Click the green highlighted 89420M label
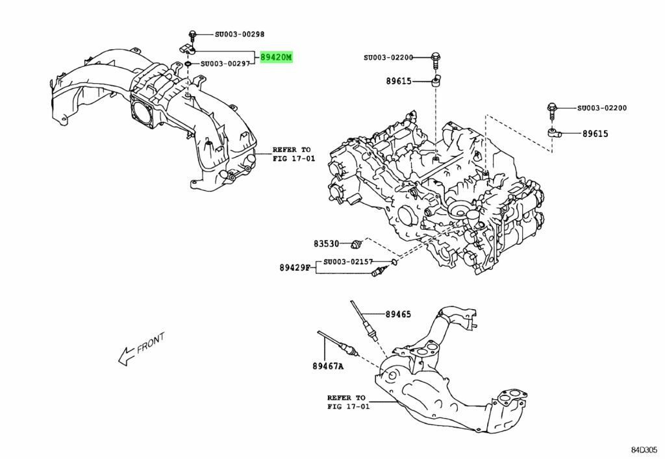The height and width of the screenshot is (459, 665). (276, 58)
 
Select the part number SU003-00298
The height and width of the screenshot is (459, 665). (221, 34)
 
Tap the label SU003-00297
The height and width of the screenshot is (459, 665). (225, 64)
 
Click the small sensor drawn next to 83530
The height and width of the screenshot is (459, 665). (355, 245)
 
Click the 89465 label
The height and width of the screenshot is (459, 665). (398, 314)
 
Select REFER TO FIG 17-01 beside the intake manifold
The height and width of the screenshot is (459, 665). (292, 153)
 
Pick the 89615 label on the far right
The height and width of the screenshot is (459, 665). (595, 134)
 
